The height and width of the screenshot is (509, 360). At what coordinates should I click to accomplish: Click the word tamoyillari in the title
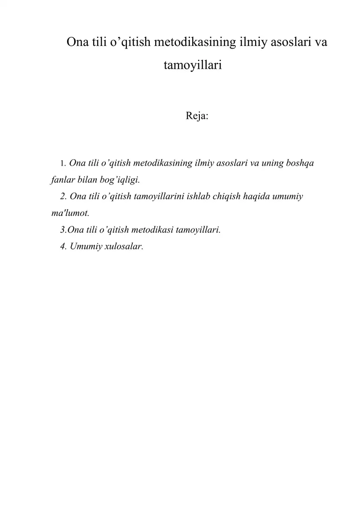point(193,66)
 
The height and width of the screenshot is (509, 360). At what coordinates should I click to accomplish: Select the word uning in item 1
point(270,163)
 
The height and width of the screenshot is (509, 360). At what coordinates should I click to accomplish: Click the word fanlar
point(60,180)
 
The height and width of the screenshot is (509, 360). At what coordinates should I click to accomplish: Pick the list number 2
point(63,196)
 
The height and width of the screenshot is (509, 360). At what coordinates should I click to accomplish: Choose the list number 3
point(63,230)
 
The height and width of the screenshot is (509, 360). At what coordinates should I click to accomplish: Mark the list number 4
point(63,246)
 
